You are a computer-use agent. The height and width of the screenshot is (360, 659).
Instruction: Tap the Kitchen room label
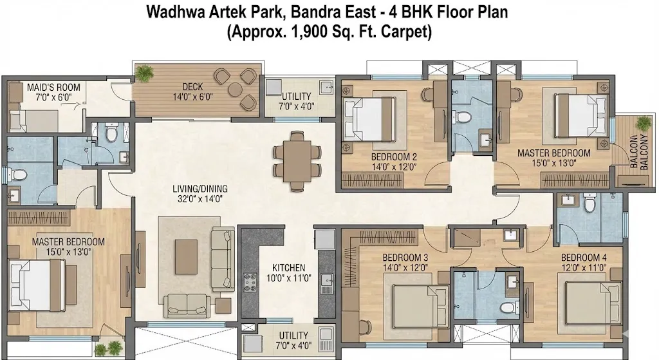289,268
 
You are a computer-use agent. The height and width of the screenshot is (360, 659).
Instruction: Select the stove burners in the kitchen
250,282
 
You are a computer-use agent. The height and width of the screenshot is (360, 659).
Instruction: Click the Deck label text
193,87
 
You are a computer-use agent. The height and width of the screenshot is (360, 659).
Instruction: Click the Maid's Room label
53,88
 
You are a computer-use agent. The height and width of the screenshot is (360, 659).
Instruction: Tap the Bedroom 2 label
394,157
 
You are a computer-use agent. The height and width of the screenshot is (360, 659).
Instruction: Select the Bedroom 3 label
405,257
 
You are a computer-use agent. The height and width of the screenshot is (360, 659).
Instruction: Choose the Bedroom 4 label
584,257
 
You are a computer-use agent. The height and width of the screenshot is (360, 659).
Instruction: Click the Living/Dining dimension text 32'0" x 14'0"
200,199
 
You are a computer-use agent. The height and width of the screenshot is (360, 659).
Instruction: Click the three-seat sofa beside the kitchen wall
221,260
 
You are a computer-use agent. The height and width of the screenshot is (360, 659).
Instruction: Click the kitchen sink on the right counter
326,283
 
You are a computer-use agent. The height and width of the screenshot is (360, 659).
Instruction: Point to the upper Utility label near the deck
296,96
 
